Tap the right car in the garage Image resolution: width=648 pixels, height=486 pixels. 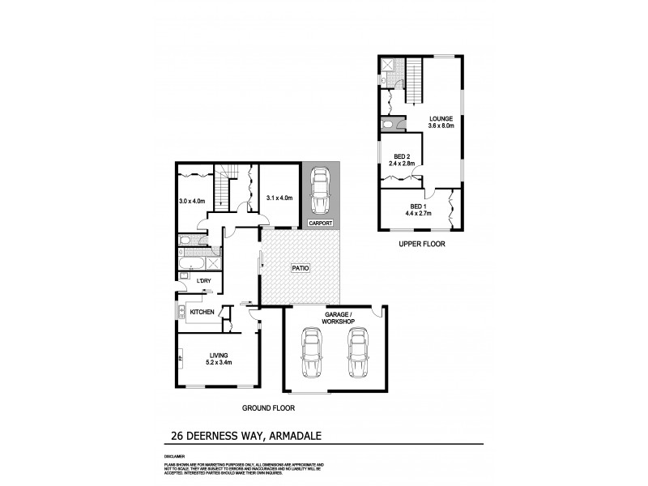click(356, 355)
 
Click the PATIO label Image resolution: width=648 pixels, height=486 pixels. click(301, 267)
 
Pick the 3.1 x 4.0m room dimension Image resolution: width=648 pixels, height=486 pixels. click(279, 197)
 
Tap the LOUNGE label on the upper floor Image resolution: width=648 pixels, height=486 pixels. click(441, 122)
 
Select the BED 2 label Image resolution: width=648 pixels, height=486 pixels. click(401, 159)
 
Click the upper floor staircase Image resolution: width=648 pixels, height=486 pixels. click(415, 82)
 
